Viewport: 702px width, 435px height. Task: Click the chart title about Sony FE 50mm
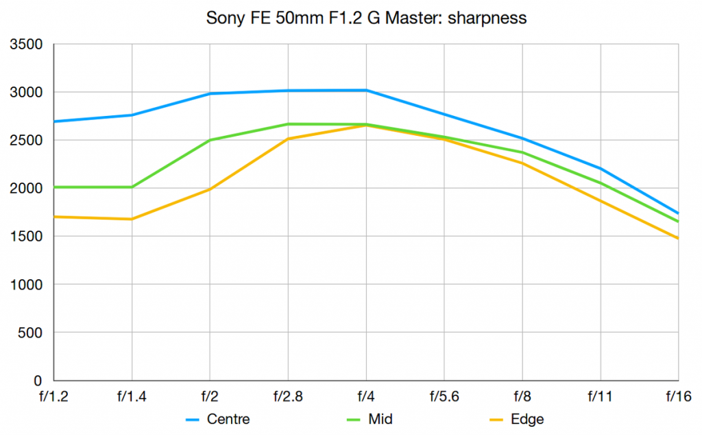click(x=366, y=18)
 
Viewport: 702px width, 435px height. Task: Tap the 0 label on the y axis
click(x=39, y=381)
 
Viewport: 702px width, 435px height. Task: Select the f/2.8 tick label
click(x=288, y=397)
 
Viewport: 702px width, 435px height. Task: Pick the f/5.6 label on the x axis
click(x=444, y=397)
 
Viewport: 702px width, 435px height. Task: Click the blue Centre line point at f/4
click(x=366, y=90)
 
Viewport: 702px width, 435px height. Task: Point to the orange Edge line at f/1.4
click(x=132, y=219)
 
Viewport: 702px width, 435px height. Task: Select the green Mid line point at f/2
click(x=210, y=140)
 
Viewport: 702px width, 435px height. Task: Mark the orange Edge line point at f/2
click(x=210, y=189)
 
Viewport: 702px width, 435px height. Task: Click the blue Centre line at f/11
click(x=601, y=168)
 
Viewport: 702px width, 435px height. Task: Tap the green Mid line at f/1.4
click(x=132, y=187)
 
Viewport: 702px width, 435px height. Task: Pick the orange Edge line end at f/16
click(x=678, y=238)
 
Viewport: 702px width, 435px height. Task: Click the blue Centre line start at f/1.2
click(x=54, y=121)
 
